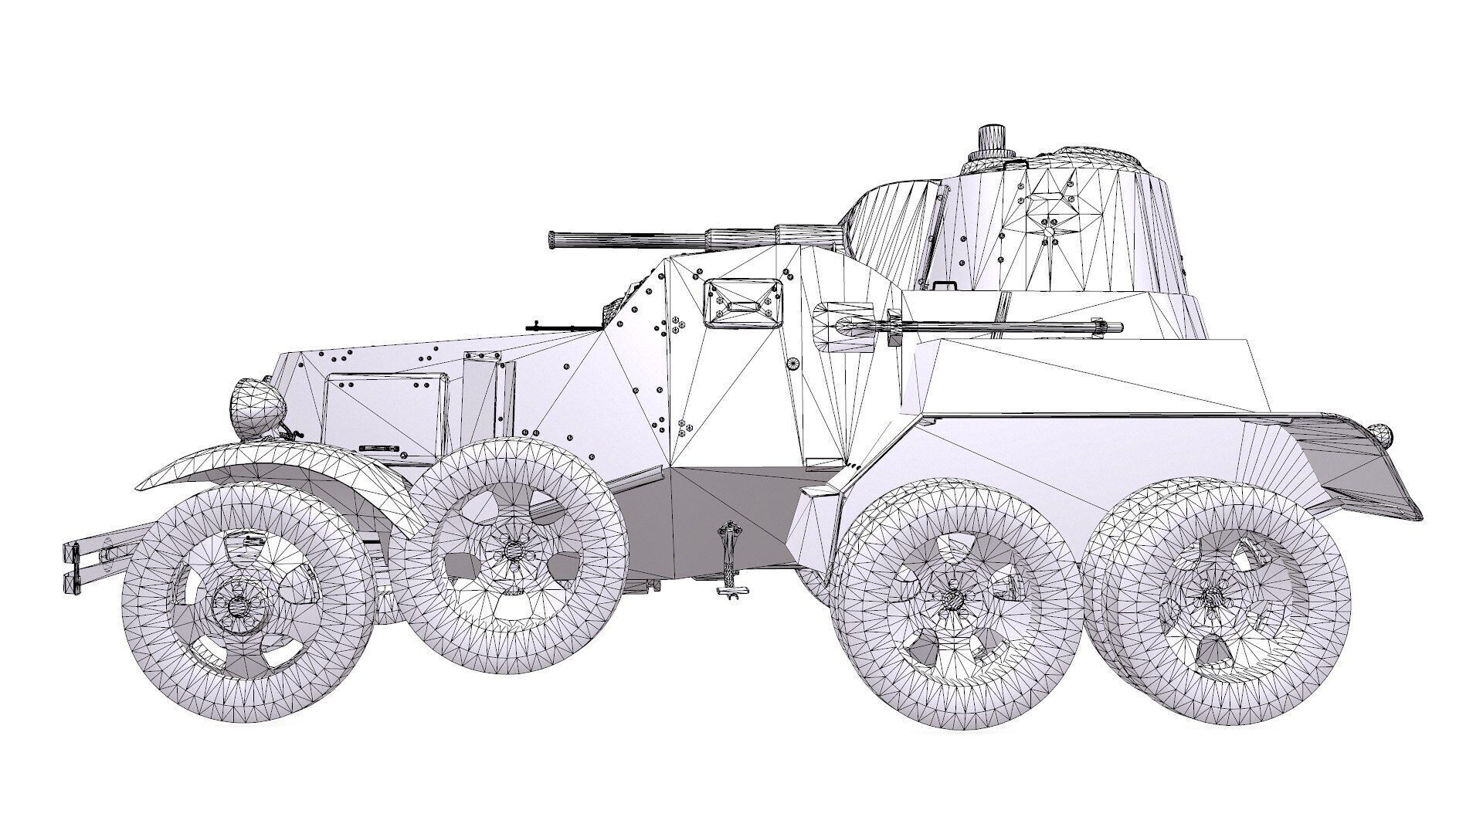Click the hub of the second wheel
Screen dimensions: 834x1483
click(511, 550)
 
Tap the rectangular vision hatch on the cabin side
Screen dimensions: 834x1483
click(740, 303)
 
